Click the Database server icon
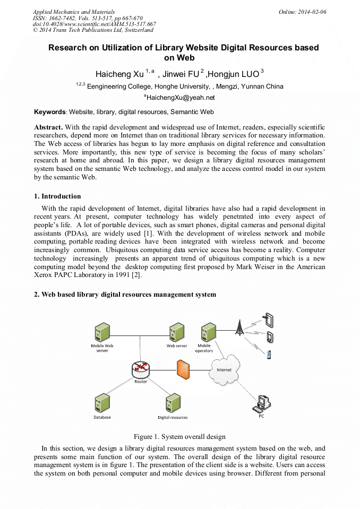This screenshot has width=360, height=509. coord(102,403)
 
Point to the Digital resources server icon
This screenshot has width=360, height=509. coord(173,403)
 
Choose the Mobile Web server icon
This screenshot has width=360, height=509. coord(102,332)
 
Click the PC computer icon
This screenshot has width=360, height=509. coord(261,404)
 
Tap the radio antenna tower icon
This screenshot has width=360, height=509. coord(239,327)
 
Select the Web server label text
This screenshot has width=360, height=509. coord(177,346)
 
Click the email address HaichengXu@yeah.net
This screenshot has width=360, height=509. coord(181,98)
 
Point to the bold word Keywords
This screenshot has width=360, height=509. coord(50,112)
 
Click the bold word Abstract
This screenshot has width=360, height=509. coord(48,127)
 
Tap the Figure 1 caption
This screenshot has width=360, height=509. coord(179,437)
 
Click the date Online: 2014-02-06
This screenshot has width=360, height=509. coord(303,12)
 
